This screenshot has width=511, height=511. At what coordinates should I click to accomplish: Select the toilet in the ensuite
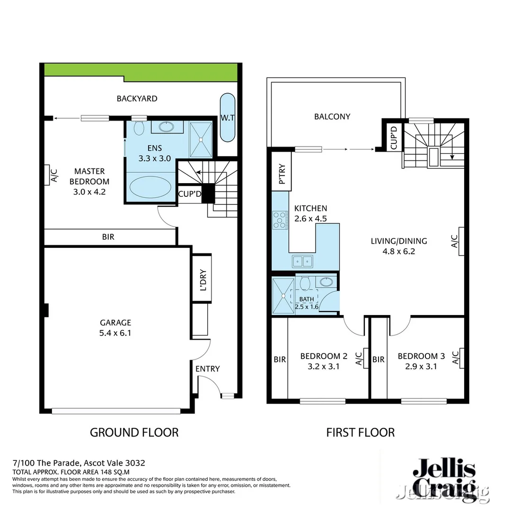pos(139,128)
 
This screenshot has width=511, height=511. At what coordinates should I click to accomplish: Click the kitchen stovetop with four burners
pos(280,220)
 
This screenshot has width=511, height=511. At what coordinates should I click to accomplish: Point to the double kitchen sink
pos(302,260)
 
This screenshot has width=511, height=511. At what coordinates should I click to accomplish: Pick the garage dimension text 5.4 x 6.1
pos(115,333)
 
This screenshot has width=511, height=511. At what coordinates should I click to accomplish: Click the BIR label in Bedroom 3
pos(378,360)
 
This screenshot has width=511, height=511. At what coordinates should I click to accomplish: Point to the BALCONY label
pos(332,116)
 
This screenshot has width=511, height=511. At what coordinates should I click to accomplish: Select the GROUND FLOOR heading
pos(134,432)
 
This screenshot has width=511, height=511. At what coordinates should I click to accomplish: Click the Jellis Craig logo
pos(444,478)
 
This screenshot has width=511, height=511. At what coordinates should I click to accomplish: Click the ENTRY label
pos(207,369)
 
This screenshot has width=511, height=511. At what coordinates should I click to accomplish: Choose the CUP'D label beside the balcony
pos(393,137)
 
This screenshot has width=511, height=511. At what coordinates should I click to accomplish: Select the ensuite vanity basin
pos(166,127)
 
